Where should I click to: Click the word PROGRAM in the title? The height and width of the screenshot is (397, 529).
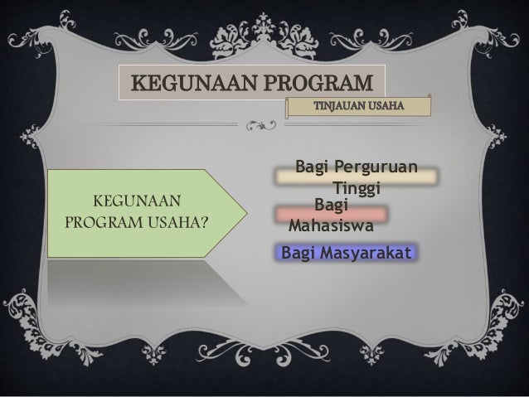point(314,83)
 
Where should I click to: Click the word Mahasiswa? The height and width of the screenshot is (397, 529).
point(330,224)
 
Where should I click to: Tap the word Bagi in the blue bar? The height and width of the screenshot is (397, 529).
point(297,250)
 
